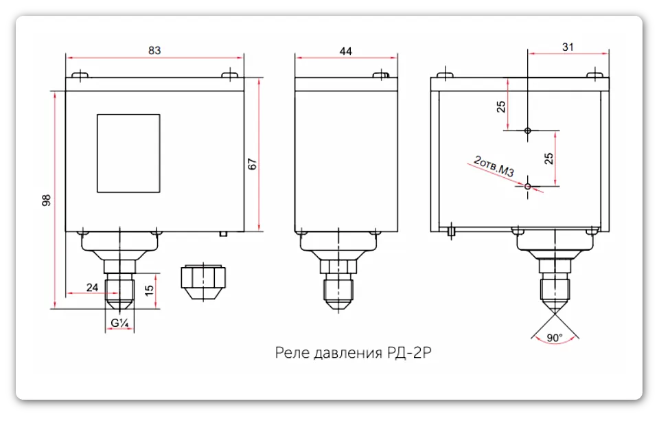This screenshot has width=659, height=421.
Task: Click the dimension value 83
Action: [154, 50]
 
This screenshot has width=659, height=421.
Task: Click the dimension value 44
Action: [345, 50]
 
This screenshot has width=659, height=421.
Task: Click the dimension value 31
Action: [567, 47]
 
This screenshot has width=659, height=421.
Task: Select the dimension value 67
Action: [252, 164]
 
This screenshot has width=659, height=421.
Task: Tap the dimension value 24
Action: [92, 287]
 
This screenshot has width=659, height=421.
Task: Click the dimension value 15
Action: [149, 291]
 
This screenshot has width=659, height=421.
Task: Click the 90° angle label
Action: [555, 337]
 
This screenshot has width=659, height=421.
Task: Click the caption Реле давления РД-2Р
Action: [354, 354]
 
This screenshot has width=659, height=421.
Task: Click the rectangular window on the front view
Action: [128, 152]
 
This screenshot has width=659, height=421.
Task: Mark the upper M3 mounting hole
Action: [527, 130]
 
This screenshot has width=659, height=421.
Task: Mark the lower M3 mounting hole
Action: [527, 186]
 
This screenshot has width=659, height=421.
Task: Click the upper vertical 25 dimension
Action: [501, 106]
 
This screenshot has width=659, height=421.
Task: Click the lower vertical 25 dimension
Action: [548, 159]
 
